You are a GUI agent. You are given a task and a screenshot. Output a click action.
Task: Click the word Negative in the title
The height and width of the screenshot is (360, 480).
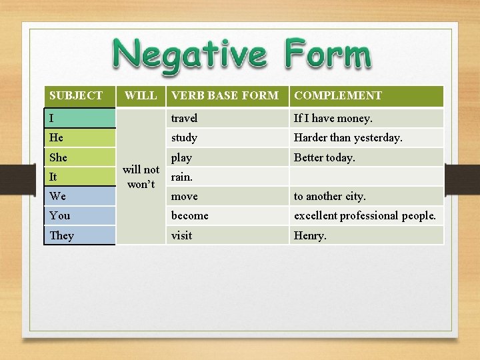(189, 55)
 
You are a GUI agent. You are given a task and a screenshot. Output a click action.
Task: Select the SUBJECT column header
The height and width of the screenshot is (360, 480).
(76, 96)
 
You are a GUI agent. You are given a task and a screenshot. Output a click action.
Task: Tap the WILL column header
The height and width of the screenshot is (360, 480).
(141, 96)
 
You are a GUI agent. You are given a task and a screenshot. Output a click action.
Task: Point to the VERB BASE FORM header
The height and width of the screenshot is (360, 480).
(225, 96)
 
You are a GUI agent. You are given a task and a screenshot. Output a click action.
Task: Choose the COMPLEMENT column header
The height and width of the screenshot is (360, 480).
(338, 96)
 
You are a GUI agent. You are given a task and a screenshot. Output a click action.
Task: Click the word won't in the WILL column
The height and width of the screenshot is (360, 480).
(141, 184)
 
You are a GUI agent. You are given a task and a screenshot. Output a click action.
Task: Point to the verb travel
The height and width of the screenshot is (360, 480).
(184, 118)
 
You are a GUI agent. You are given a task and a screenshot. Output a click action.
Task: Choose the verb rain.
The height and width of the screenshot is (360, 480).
(182, 177)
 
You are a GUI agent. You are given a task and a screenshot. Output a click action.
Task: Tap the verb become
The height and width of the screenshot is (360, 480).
(190, 215)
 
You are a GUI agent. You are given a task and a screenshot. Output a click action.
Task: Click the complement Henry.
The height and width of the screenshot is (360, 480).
(310, 235)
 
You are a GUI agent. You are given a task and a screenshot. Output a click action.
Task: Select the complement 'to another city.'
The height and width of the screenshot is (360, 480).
(330, 196)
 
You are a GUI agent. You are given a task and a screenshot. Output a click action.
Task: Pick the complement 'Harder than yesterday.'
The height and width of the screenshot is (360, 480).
(348, 137)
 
